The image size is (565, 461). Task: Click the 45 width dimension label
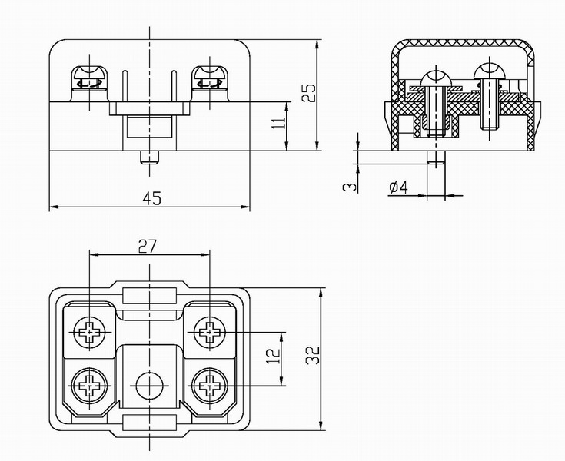coord(151,198)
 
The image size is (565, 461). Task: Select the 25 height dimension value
coord(308,93)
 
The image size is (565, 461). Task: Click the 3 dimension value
coord(350,187)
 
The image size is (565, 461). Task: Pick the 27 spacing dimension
coord(148,246)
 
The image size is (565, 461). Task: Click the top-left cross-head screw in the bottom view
coord(90,333)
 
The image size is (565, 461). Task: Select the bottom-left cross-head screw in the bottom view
coord(90,384)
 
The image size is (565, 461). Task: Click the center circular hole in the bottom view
coord(148,384)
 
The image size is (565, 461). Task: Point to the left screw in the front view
coord(91,78)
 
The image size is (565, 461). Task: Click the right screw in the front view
coord(208,78)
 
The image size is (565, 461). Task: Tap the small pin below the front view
coord(149,158)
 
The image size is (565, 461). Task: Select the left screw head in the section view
coord(435,78)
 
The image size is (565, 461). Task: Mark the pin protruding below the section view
coord(436,158)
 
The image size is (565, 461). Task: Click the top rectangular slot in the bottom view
coord(148,295)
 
